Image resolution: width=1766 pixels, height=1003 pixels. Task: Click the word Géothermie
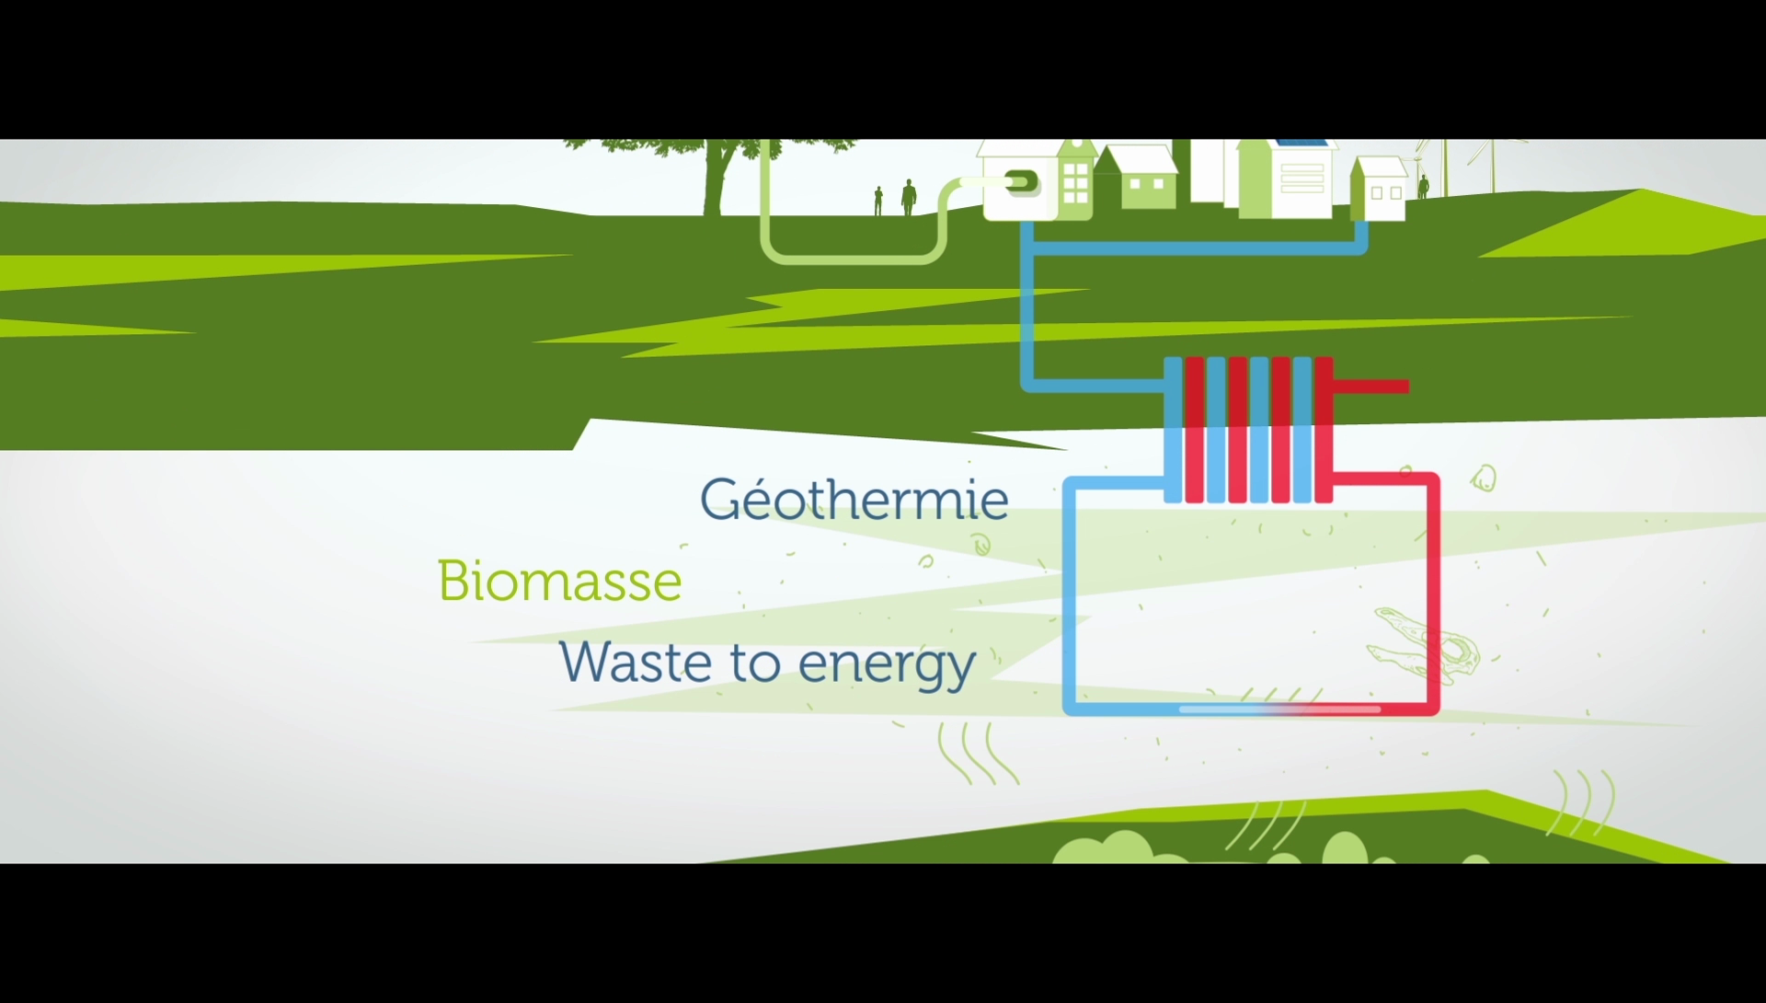(x=854, y=499)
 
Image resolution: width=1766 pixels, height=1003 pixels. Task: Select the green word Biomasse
(x=559, y=581)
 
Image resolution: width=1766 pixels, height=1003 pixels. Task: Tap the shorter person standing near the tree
(x=878, y=202)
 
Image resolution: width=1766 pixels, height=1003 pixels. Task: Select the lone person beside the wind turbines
(x=1424, y=187)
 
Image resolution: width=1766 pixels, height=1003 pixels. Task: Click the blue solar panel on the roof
(x=1300, y=144)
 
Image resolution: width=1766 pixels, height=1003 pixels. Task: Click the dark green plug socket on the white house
(x=1022, y=183)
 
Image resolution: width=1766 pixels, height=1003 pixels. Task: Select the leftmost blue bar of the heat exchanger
(x=1173, y=430)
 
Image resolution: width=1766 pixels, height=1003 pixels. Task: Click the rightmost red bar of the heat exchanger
(x=1324, y=430)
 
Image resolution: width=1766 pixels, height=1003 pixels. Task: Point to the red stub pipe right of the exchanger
(x=1370, y=386)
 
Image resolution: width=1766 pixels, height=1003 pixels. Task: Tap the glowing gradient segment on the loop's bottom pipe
(x=1279, y=709)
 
